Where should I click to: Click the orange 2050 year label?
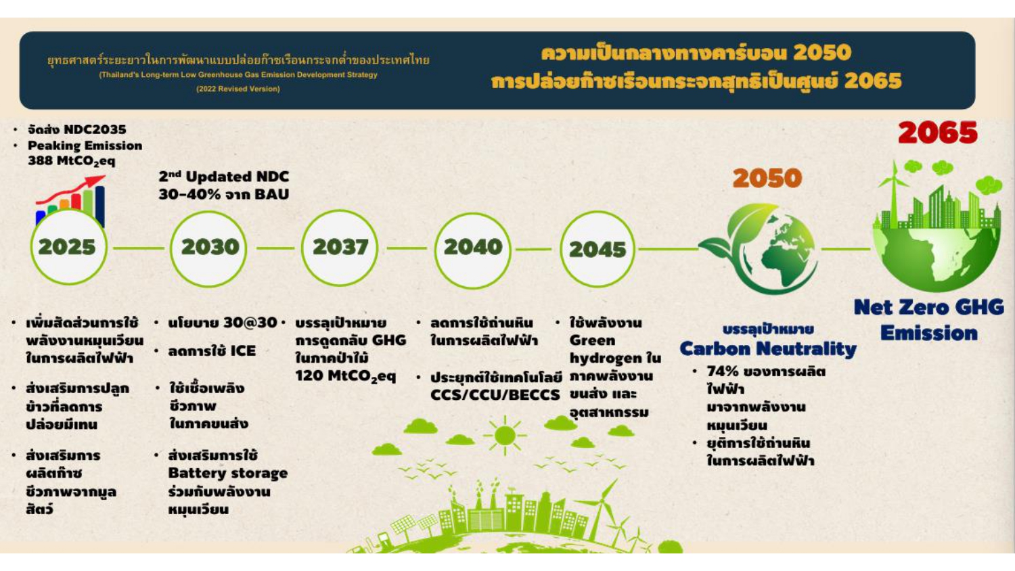767,178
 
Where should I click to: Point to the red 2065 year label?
937,133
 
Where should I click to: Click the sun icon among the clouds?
505,436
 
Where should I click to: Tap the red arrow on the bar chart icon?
70,189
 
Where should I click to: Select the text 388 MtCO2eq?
72,161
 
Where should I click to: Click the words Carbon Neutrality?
768,349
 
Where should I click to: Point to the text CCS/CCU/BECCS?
495,394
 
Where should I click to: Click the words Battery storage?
228,474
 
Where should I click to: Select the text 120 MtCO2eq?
346,376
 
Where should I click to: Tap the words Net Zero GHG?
929,307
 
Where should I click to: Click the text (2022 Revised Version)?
238,89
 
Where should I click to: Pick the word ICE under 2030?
243,350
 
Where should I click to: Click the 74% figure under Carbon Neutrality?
723,371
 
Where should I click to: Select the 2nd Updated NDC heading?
224,177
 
